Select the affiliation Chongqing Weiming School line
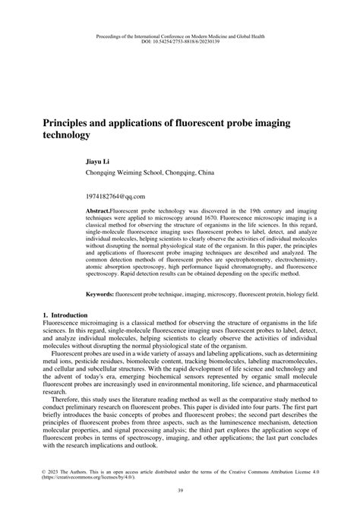144,173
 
